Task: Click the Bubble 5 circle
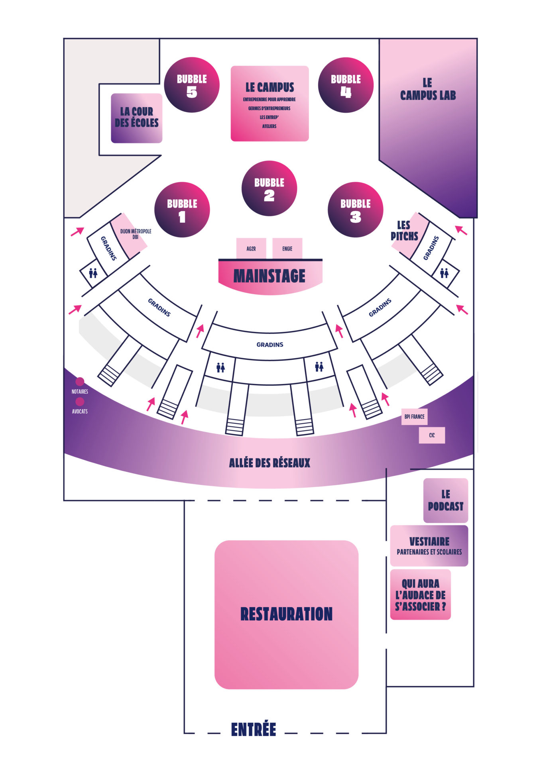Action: tap(192, 85)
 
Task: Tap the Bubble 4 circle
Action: tap(346, 85)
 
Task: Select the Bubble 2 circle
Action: tap(269, 188)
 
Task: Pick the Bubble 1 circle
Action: tap(182, 210)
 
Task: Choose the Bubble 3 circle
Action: tap(355, 210)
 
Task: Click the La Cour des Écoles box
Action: tap(136, 118)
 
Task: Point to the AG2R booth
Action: tap(251, 249)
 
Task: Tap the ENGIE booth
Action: tap(287, 249)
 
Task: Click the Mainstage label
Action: tap(270, 276)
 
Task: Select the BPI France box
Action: tap(414, 417)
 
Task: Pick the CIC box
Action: tap(432, 435)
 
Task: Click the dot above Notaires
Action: tap(80, 382)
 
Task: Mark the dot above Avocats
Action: tap(80, 401)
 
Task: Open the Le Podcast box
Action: tap(445, 500)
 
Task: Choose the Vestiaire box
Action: tap(429, 545)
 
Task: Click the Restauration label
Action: tap(286, 614)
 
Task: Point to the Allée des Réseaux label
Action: tap(270, 463)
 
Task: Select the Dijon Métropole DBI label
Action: tap(136, 234)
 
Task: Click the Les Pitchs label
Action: tap(404, 231)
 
